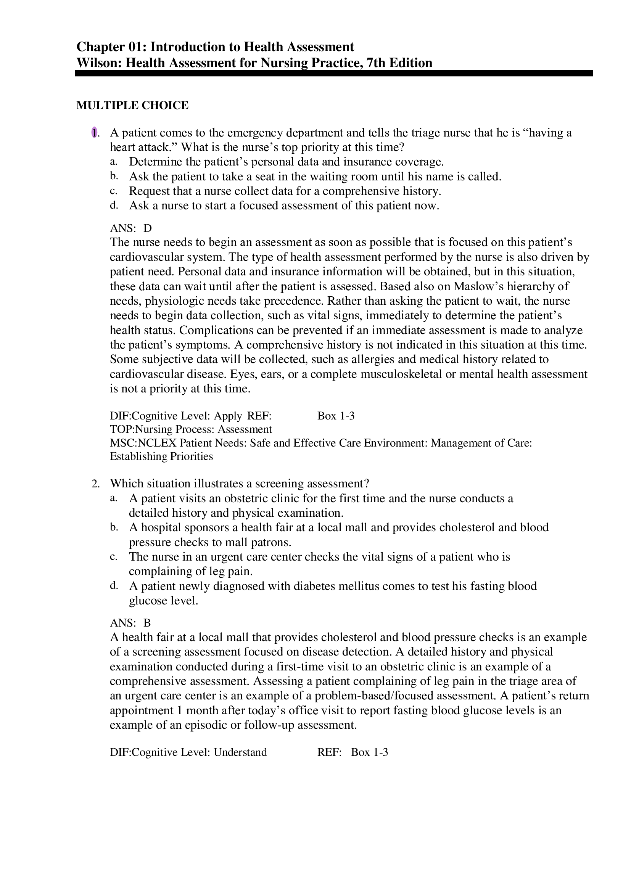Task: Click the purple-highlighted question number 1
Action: point(94,133)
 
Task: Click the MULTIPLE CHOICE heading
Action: point(132,105)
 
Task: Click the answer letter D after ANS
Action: point(148,228)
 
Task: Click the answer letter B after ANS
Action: point(147,623)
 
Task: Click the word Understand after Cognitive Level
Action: point(240,752)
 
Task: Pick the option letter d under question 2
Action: point(113,586)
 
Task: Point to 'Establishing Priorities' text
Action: point(161,456)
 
